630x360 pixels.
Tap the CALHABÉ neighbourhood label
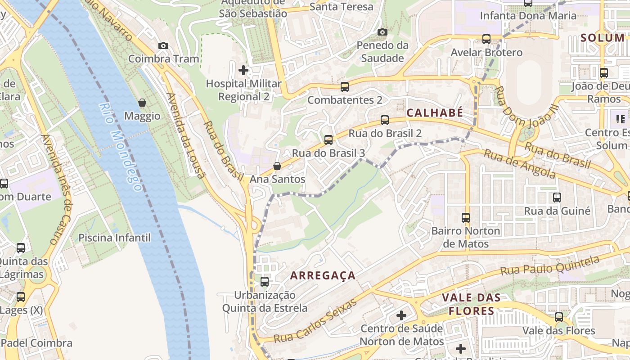[x=435, y=113]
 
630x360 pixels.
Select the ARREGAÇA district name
[x=323, y=275]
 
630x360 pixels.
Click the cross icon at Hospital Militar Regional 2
[x=243, y=70]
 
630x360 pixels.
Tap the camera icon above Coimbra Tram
[x=163, y=45]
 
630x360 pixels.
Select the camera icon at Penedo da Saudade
[x=382, y=32]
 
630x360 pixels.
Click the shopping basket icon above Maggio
[x=142, y=103]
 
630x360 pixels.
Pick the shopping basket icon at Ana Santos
[x=277, y=166]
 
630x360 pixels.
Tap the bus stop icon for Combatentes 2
[x=345, y=87]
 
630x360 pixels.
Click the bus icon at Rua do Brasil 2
[x=385, y=120]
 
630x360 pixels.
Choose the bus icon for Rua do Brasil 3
[x=328, y=140]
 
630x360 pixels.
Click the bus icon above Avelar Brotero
[x=486, y=39]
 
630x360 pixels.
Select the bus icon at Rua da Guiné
[x=557, y=197]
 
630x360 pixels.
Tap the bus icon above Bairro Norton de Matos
[x=466, y=218]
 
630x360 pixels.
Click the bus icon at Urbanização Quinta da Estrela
[x=265, y=282]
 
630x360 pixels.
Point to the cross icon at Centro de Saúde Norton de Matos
[x=401, y=315]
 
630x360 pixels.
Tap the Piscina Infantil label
[x=114, y=238]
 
